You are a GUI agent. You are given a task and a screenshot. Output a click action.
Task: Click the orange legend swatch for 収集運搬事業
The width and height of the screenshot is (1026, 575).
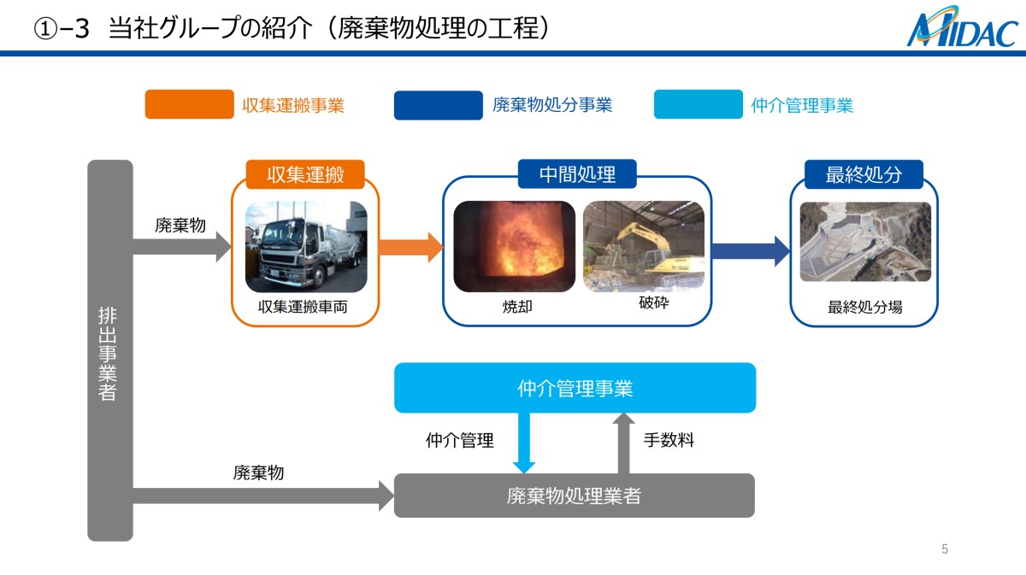[189, 104]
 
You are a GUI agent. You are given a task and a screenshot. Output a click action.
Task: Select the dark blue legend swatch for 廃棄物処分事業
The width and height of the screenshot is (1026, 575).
[438, 104]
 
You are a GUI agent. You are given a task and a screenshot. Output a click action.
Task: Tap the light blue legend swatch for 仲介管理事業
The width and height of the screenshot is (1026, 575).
[698, 104]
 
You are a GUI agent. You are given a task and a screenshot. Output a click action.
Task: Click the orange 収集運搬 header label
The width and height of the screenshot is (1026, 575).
[305, 175]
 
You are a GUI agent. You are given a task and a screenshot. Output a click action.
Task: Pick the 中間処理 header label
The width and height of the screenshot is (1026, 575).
[577, 175]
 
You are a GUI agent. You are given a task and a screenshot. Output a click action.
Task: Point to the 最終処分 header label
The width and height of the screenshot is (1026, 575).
[864, 175]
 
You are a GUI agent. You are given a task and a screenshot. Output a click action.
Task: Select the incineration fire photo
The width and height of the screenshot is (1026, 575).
[514, 246]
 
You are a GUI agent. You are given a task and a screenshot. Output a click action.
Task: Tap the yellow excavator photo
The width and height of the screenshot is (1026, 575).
[644, 246]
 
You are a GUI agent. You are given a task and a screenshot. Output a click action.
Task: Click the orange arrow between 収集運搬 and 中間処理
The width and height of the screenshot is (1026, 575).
[410, 249]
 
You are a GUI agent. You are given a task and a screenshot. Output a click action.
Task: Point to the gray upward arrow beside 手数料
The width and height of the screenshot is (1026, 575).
[624, 443]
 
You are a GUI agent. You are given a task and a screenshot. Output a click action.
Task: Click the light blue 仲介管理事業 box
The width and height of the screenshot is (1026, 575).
[575, 388]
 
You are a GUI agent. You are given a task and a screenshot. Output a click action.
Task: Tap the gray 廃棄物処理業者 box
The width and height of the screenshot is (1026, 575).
[574, 496]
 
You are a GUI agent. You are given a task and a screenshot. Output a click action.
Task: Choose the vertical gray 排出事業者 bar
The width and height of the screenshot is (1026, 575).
[110, 350]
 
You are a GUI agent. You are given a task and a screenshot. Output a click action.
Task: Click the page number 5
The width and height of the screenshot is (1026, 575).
[945, 549]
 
